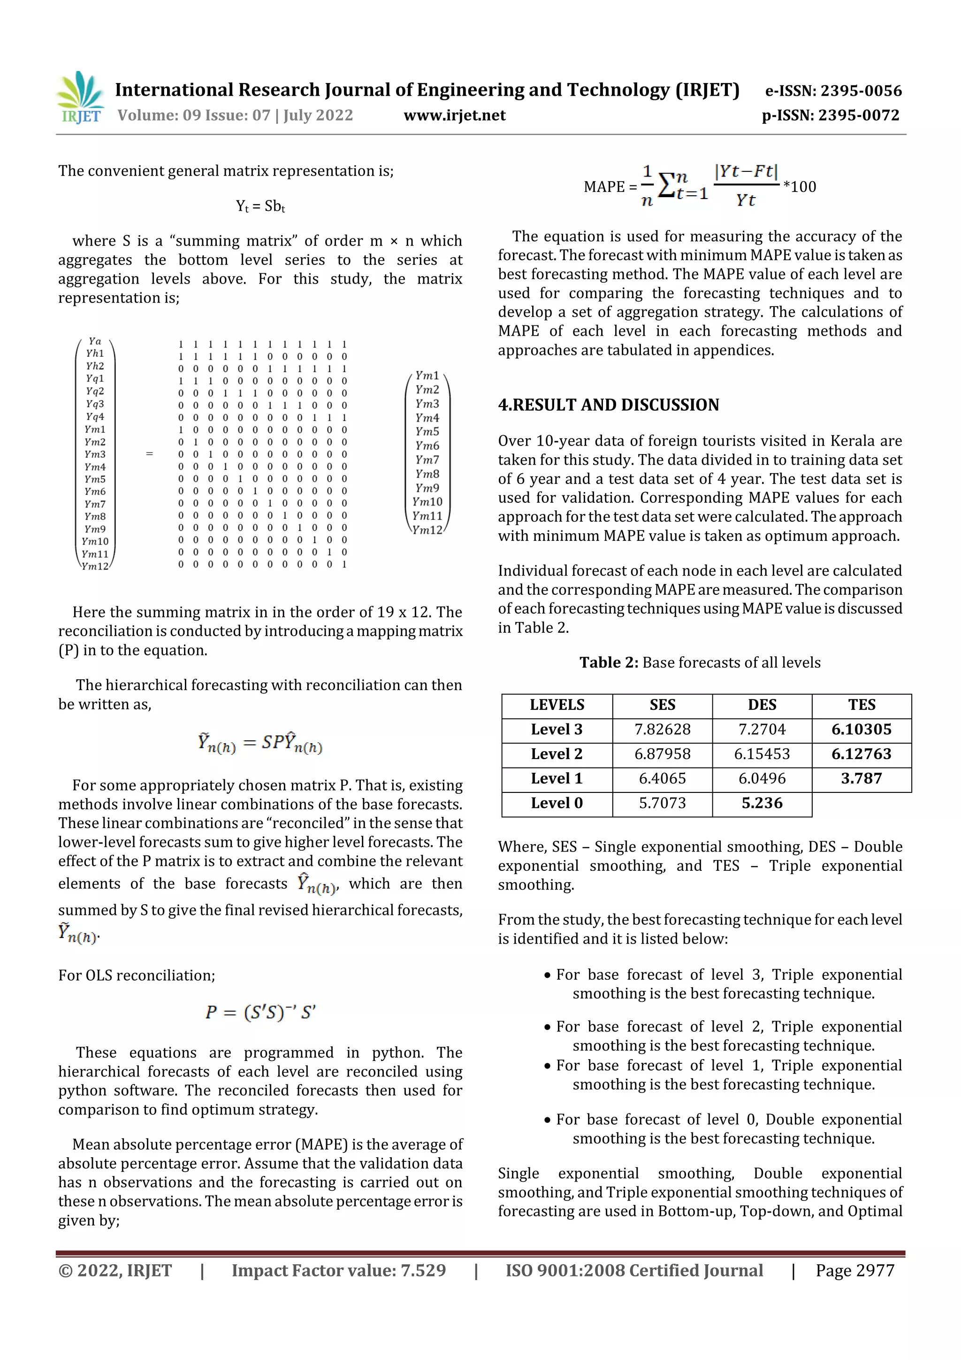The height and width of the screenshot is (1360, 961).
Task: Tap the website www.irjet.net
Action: click(x=454, y=115)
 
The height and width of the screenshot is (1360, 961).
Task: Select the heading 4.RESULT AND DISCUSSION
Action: click(x=608, y=405)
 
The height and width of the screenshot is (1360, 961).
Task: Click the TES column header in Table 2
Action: click(x=861, y=705)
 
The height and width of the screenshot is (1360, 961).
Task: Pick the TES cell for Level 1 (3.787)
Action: click(x=861, y=778)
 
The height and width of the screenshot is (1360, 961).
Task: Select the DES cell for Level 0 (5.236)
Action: click(x=762, y=803)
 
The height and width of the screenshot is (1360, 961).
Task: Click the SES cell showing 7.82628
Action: click(x=662, y=729)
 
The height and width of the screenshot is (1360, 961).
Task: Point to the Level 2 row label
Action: click(x=557, y=754)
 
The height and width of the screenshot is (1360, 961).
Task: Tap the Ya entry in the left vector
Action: click(x=95, y=341)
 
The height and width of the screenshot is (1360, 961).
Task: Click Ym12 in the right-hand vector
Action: click(x=427, y=530)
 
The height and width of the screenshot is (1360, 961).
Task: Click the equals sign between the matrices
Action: click(x=149, y=454)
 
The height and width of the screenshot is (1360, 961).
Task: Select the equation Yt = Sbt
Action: click(x=260, y=206)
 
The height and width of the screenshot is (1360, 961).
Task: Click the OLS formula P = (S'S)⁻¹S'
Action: click(x=260, y=1012)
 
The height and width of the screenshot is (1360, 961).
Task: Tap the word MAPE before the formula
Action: click(x=604, y=187)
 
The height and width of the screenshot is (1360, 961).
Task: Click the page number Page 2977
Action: click(x=854, y=1270)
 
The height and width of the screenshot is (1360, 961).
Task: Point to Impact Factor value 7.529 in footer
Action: click(x=338, y=1270)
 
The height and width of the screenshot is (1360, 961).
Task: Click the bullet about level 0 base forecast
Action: click(x=722, y=1129)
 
